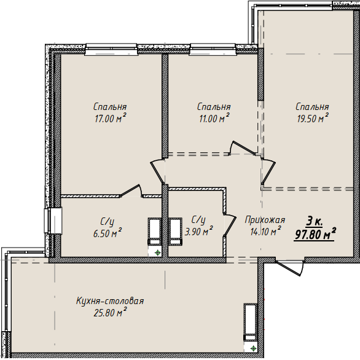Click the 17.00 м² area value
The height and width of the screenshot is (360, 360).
pyautogui.click(x=111, y=119)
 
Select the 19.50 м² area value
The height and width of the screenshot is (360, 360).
pyautogui.click(x=312, y=119)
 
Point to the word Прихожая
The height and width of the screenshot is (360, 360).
pyautogui.click(x=265, y=219)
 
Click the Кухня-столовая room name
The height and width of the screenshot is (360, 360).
pyautogui.click(x=110, y=301)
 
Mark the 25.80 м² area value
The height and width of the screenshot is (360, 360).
pyautogui.click(x=111, y=313)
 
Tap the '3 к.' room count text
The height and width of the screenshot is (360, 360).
pyautogui.click(x=315, y=221)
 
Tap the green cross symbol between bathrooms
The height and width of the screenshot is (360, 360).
pyautogui.click(x=158, y=252)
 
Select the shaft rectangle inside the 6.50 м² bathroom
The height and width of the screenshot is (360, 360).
pyautogui.click(x=154, y=230)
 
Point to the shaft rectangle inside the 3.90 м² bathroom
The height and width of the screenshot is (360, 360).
pyautogui.click(x=176, y=230)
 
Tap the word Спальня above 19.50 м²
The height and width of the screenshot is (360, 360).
pyautogui.click(x=311, y=106)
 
